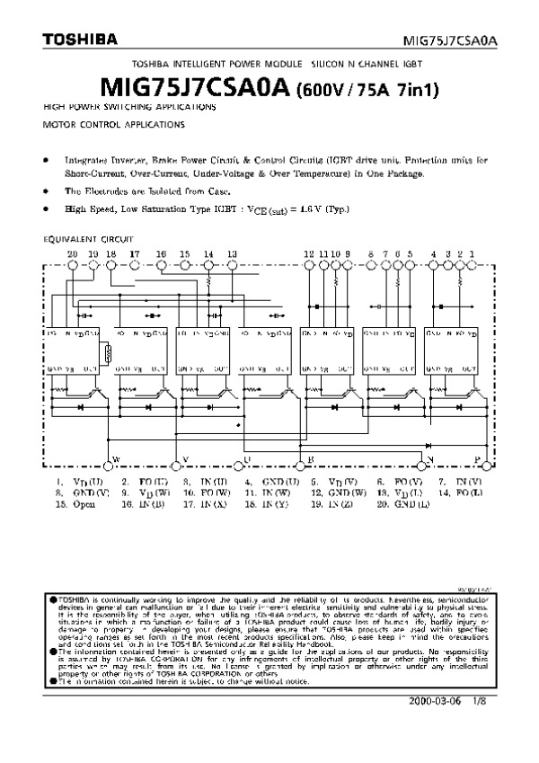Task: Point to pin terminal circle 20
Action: pos(73,265)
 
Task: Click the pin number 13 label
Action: pos(232,254)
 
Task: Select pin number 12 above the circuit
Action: pos(308,254)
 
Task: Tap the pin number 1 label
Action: pos(473,254)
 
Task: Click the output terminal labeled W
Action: pos(114,459)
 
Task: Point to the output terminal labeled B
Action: pos(310,459)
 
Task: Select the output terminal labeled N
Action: pos(430,459)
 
